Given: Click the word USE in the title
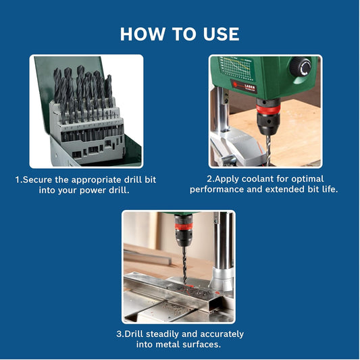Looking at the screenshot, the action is (x=221, y=34).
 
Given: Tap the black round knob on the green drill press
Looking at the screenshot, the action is (x=301, y=67).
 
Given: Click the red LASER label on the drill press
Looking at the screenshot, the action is (x=244, y=86).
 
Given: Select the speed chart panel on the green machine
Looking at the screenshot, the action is (x=236, y=68).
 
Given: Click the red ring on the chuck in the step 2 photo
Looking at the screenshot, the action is (x=268, y=109).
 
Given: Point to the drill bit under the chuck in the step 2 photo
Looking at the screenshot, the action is (x=268, y=149).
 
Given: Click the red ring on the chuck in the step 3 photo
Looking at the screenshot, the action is (x=184, y=227).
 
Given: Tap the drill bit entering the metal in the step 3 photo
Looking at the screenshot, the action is (x=184, y=265).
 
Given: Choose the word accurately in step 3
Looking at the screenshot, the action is (x=222, y=334).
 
